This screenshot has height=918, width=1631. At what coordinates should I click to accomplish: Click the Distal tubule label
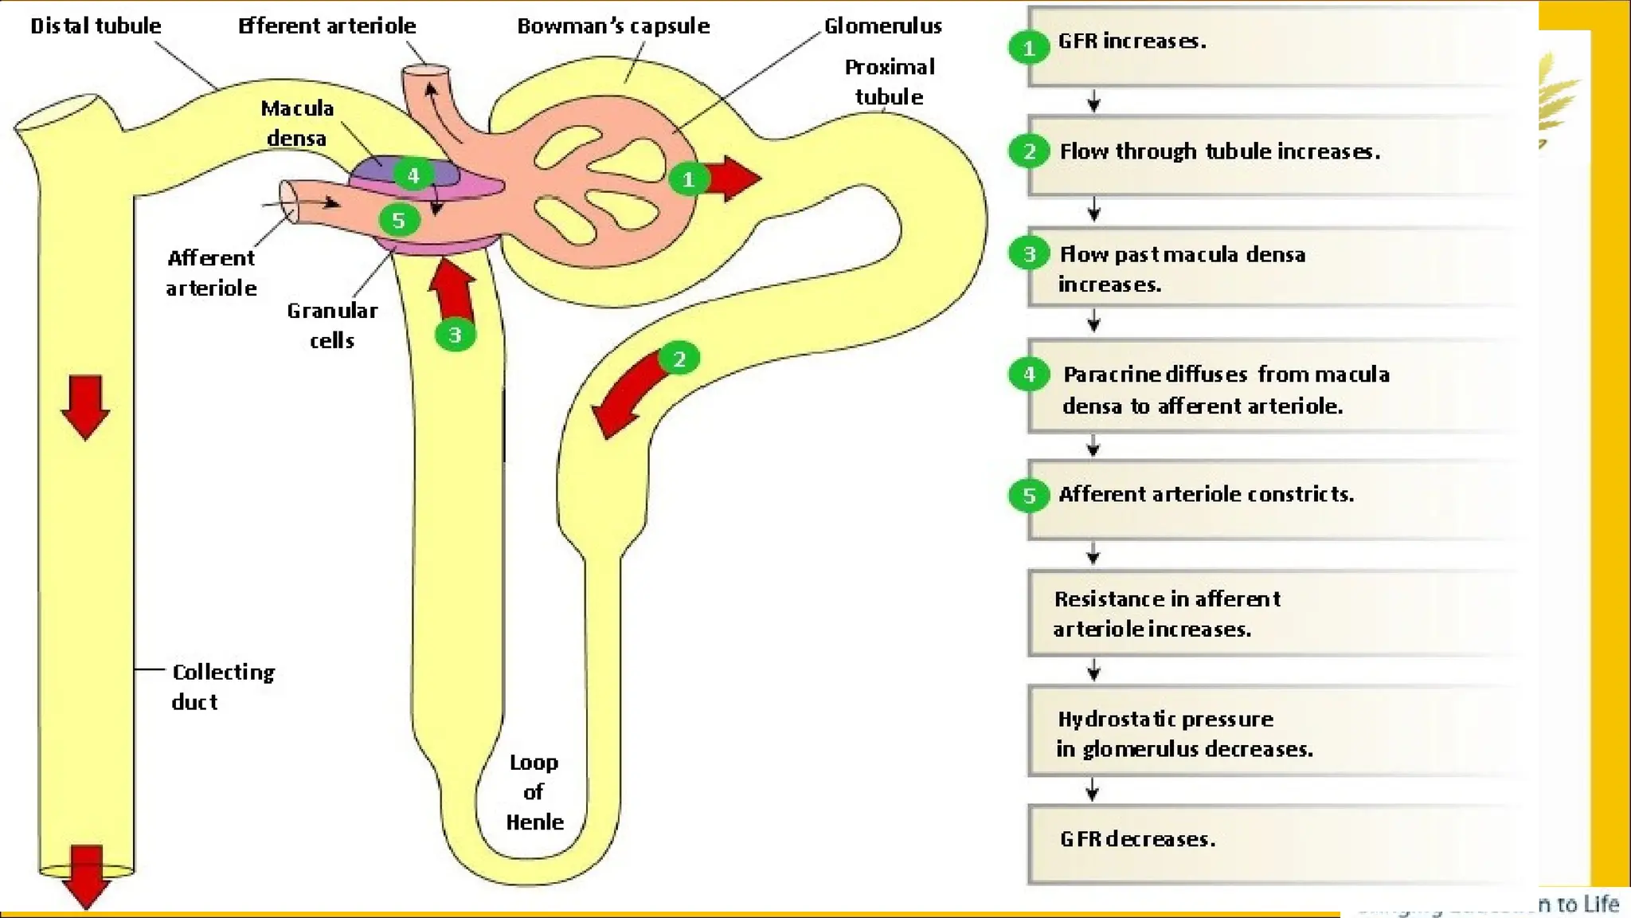[x=96, y=26]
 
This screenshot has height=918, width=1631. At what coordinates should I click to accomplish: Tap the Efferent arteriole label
[x=327, y=26]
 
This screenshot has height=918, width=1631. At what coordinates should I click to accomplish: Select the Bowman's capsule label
[x=613, y=26]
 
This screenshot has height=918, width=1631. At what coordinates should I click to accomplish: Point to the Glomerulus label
[x=882, y=26]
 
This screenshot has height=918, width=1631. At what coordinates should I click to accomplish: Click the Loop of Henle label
[x=534, y=792]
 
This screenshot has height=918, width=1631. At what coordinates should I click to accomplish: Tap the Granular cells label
[x=332, y=325]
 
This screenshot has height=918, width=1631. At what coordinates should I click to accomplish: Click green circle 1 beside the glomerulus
[x=688, y=179]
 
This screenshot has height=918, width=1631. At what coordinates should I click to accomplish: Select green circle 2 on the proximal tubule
[x=679, y=359]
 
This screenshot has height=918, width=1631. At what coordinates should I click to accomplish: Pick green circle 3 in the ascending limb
[x=455, y=335]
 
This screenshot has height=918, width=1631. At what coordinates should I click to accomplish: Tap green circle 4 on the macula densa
[x=413, y=175]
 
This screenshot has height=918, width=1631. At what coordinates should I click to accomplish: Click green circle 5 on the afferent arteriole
[x=398, y=220]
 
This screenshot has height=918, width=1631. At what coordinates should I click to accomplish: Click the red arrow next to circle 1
[x=733, y=178]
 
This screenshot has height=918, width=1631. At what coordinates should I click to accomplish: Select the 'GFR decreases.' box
[x=1274, y=843]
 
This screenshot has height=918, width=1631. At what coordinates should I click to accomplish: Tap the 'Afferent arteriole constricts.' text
[x=1206, y=494]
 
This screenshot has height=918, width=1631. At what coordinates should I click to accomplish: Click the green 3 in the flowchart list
[x=1029, y=254]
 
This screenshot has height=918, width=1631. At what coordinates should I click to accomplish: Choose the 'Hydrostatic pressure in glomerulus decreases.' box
[x=1274, y=732]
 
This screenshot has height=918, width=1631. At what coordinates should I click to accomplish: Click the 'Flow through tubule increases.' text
[x=1219, y=151]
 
